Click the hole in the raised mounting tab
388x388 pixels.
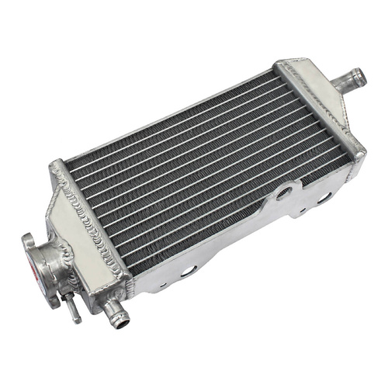[x=285, y=190]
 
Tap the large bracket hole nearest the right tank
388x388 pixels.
[x=324, y=199]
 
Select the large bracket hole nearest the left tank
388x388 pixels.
[x=188, y=270]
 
